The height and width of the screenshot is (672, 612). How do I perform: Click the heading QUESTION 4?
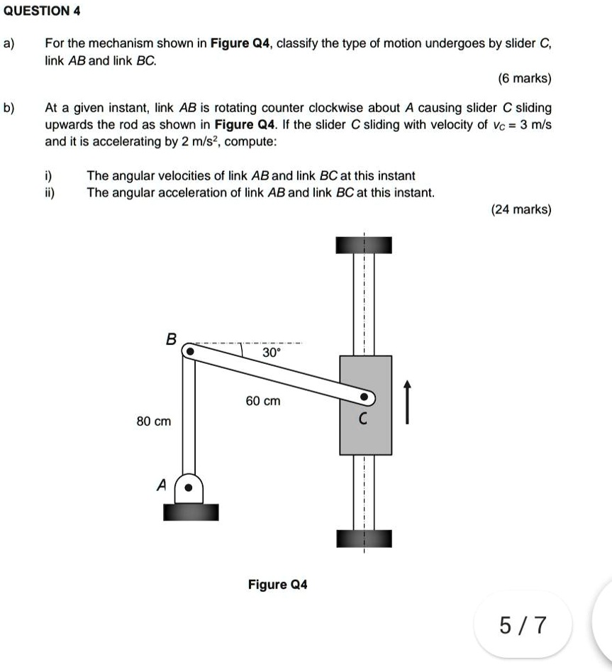(x=41, y=11)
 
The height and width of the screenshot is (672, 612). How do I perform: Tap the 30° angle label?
(x=271, y=352)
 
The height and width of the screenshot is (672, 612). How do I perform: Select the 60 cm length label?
(x=263, y=401)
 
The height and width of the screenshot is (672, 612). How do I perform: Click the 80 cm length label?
(x=153, y=422)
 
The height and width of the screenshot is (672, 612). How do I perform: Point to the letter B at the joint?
(x=170, y=338)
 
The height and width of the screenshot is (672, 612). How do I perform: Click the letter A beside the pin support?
(x=161, y=485)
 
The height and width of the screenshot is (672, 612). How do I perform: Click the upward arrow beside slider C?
(x=407, y=402)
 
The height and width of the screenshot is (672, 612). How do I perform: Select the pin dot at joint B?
(x=189, y=351)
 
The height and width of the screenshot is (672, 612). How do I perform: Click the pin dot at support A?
(x=189, y=488)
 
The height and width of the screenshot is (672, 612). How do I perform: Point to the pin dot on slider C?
(x=365, y=397)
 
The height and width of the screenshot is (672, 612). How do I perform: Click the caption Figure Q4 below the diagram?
(x=277, y=585)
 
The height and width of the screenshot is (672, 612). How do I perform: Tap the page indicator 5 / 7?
(x=523, y=624)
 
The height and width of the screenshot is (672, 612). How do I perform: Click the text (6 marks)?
(x=524, y=77)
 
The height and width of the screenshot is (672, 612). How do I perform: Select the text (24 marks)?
(x=521, y=209)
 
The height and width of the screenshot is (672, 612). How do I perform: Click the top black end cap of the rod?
(x=364, y=244)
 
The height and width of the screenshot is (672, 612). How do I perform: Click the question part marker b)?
(x=9, y=108)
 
